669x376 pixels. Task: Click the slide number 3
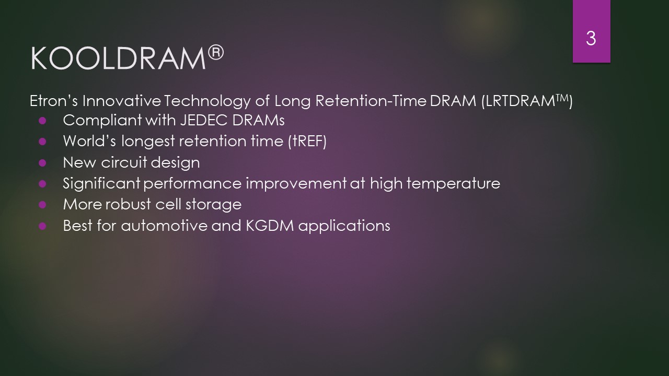pos(591,39)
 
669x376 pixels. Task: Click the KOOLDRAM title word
pos(118,58)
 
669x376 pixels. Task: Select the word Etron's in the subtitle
pos(54,101)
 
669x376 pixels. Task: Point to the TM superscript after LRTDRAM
pos(562,98)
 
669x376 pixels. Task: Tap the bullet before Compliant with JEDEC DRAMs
pos(42,121)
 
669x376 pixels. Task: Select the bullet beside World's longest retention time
pos(42,142)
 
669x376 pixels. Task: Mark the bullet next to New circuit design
pos(42,163)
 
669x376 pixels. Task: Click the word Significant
pos(101,183)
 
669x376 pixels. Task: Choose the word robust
pos(128,204)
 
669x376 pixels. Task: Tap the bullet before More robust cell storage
pos(42,205)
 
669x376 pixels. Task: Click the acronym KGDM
pos(270,226)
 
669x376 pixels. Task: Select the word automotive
pos(164,226)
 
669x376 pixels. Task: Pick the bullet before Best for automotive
pos(42,226)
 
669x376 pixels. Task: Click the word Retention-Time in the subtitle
pos(371,101)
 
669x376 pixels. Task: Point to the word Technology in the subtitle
pos(207,101)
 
